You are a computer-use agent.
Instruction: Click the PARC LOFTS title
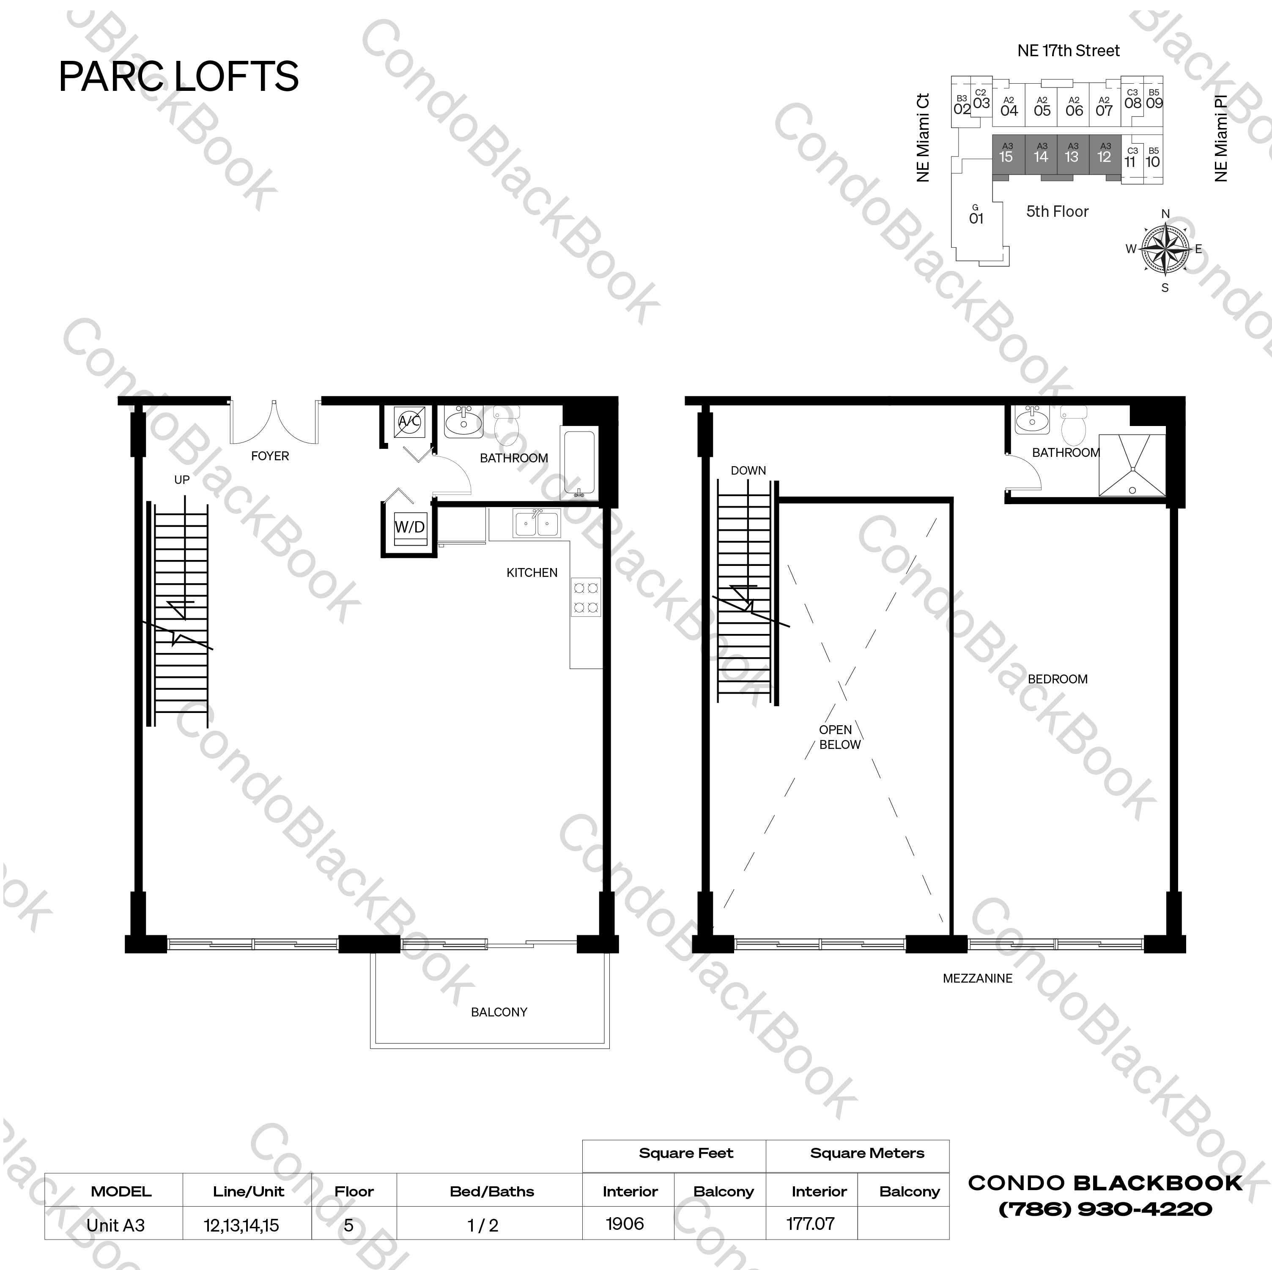click(178, 76)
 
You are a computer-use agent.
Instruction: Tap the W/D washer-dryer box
click(409, 528)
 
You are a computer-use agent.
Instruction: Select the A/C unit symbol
click(409, 421)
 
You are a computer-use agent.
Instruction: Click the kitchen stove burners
click(585, 597)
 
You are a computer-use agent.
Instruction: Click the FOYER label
click(270, 456)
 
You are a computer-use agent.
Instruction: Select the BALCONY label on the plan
click(499, 1012)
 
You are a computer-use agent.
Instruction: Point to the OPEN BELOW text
click(839, 737)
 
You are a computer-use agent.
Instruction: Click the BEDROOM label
click(1057, 679)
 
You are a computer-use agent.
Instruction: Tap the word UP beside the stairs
click(182, 480)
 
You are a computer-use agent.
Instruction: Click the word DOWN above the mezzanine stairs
click(748, 470)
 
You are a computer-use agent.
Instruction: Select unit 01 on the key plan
click(976, 216)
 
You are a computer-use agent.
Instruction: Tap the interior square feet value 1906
click(625, 1224)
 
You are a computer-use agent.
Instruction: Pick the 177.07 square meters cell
click(811, 1224)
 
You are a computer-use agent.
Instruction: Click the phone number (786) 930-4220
click(1105, 1210)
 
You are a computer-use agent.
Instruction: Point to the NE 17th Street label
click(1068, 51)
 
